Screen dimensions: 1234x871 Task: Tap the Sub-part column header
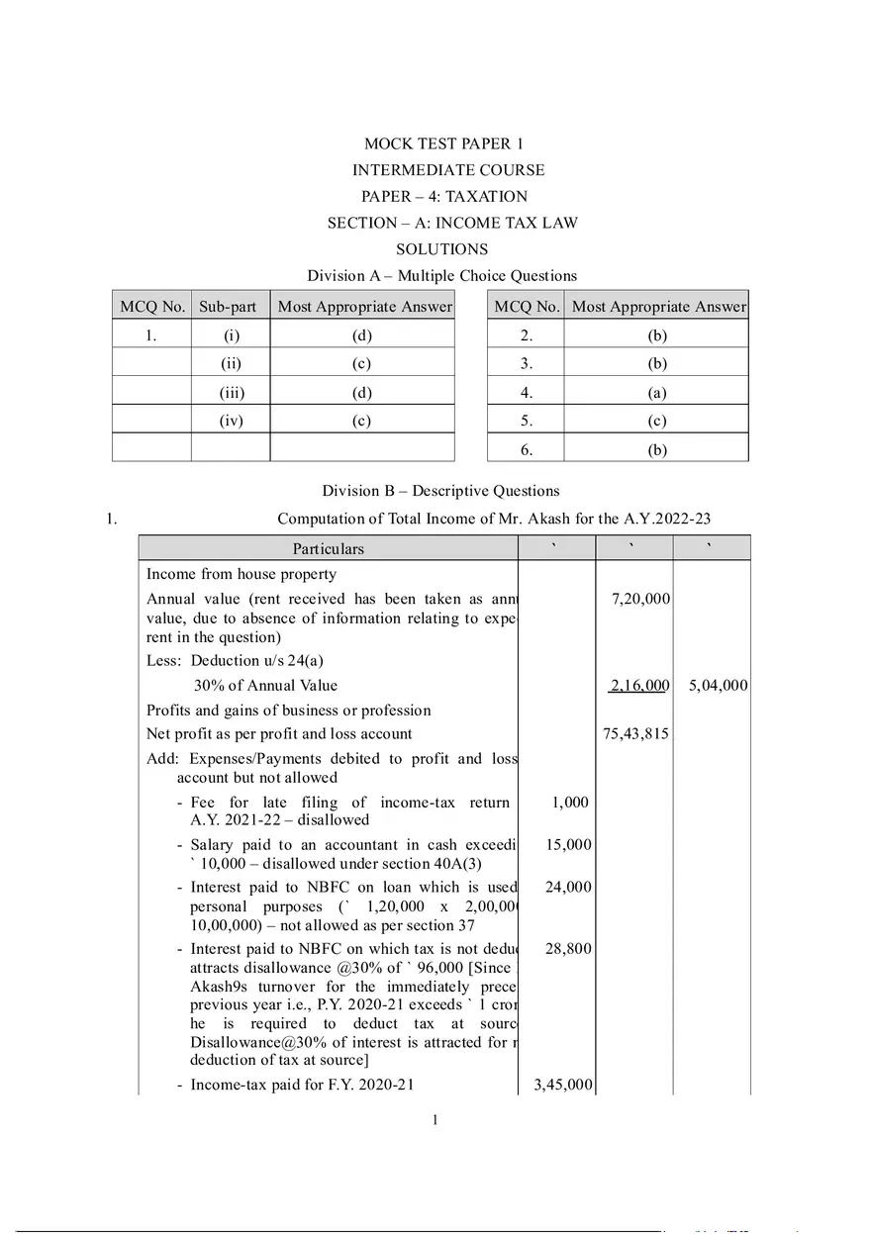pos(228,307)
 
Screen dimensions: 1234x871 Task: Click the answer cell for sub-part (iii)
pos(361,392)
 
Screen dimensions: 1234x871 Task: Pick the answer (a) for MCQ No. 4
pos(656,392)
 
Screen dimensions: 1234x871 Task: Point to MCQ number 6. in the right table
pos(526,449)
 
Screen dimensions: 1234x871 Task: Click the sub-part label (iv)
pos(231,421)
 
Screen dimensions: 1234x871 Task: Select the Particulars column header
pos(328,548)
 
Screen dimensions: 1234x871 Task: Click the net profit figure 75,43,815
pos(636,733)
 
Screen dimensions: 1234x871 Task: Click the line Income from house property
pos(242,574)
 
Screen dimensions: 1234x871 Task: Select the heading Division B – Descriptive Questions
pos(440,491)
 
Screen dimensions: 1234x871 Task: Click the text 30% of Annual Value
pos(265,685)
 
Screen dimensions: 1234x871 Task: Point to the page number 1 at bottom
pos(435,1120)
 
